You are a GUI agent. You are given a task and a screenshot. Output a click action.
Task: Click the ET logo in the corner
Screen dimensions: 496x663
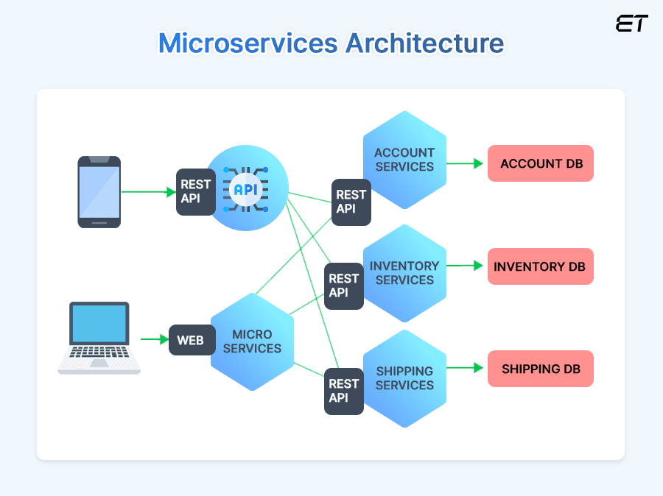pos(631,24)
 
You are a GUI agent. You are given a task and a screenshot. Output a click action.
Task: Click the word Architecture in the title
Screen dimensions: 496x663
pos(425,43)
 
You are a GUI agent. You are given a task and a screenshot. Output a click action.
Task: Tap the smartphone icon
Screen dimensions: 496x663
pos(99,191)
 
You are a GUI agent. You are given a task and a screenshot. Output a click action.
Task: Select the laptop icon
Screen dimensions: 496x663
pos(99,338)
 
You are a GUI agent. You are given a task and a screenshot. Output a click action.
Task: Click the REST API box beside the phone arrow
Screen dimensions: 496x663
pos(195,191)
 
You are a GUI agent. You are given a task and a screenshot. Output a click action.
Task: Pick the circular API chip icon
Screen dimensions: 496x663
pos(247,189)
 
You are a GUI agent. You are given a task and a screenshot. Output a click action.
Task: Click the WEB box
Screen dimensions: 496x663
pos(191,340)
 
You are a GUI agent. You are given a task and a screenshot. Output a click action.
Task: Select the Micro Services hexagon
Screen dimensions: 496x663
pos(252,341)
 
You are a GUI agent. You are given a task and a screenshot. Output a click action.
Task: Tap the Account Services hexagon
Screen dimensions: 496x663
pos(404,160)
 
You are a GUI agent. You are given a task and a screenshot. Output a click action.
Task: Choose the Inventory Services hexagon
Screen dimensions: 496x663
pos(404,273)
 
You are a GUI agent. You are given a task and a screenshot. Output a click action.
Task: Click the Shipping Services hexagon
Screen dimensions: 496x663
pos(404,378)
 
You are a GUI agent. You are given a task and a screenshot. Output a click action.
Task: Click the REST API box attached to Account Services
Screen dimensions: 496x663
pos(351,202)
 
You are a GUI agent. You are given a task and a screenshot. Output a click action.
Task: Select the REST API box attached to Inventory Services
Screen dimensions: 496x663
pos(343,286)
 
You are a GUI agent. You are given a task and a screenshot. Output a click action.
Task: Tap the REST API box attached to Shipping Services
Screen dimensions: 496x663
pos(343,391)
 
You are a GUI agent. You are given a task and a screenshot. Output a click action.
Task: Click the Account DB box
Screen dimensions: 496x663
pos(541,163)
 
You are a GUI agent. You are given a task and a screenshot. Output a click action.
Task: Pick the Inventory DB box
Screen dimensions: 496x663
pos(540,266)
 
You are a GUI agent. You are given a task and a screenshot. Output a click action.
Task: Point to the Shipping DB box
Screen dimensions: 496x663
pos(540,369)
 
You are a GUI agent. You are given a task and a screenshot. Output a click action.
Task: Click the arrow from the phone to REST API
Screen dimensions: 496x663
pos(148,192)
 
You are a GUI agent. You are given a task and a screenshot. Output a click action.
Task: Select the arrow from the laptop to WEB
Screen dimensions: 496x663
pos(155,339)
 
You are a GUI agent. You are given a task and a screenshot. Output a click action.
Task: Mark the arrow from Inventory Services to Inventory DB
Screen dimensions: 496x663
pos(466,266)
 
